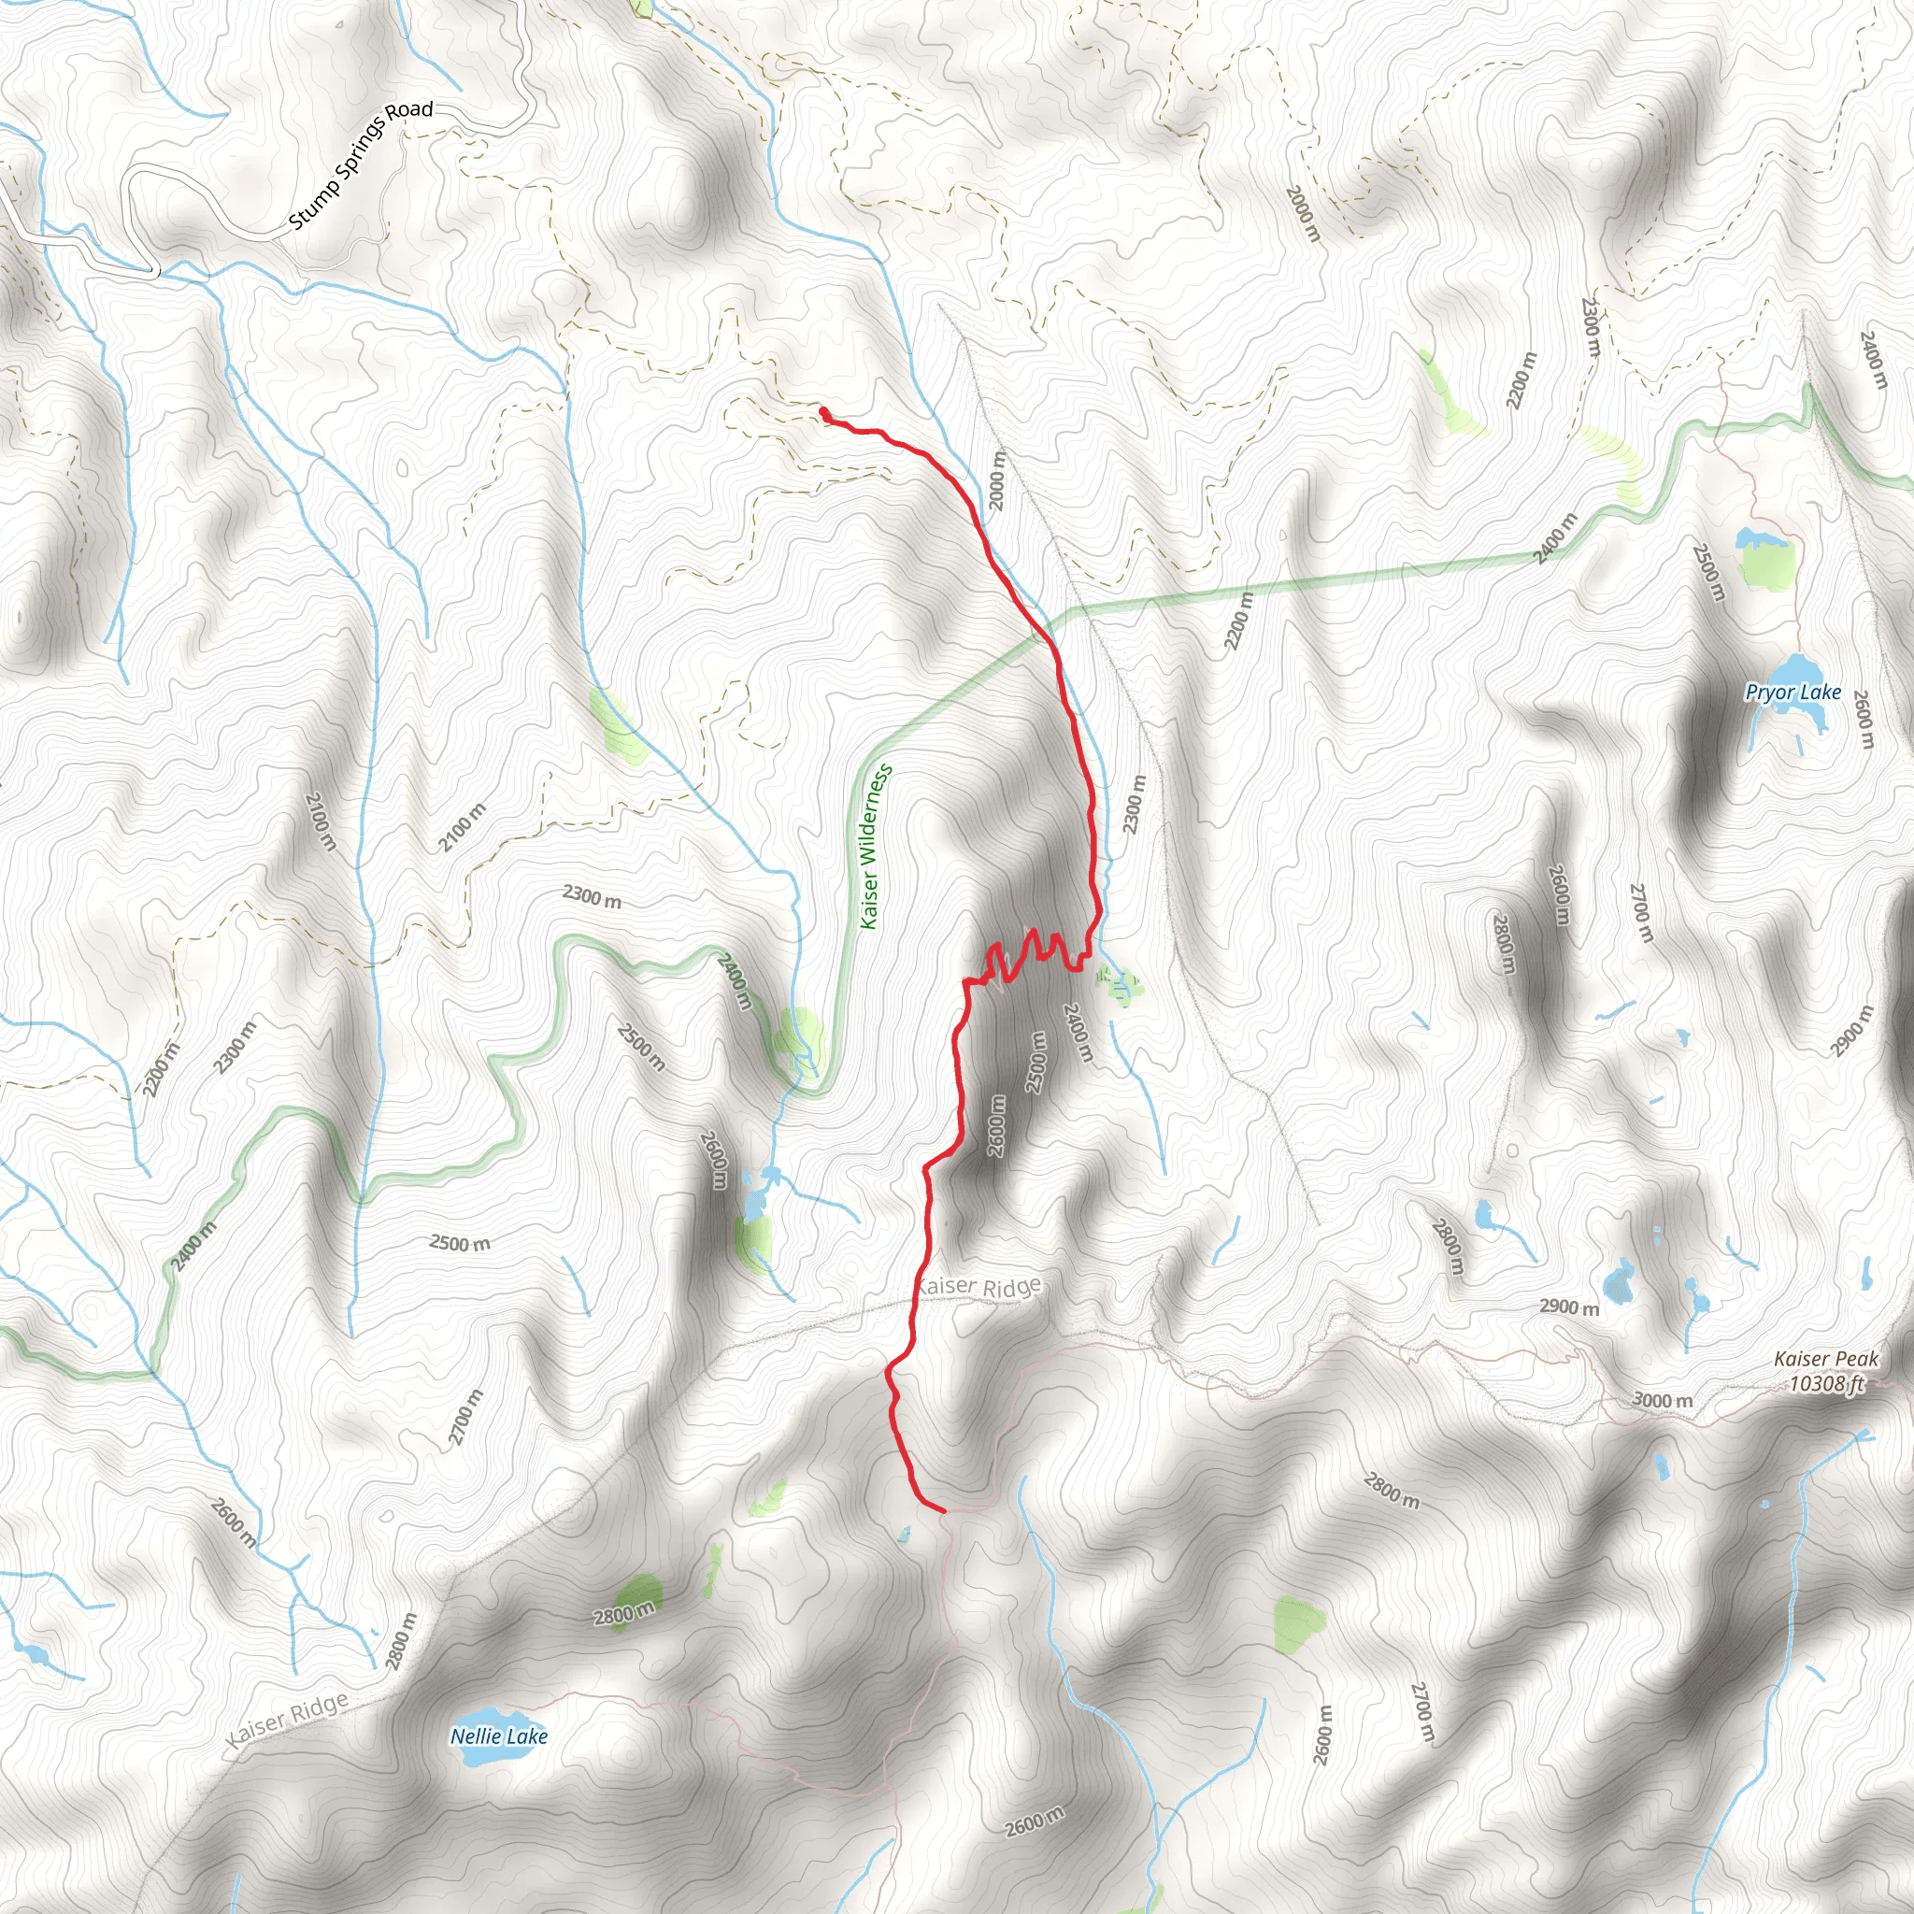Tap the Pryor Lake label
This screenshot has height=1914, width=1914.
(x=1793, y=693)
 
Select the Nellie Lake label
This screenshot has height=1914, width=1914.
(x=498, y=1736)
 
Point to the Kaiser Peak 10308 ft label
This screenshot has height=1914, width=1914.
(x=1826, y=1371)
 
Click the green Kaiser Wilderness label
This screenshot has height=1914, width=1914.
(x=876, y=846)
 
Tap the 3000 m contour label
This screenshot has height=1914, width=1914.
(x=1663, y=1400)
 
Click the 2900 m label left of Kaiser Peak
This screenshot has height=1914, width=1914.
(x=1569, y=1307)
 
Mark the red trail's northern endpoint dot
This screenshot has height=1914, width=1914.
(x=824, y=411)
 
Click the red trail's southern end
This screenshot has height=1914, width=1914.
(x=943, y=1511)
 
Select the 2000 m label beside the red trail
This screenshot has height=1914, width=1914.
(x=997, y=480)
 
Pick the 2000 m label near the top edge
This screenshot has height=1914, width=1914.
(x=1304, y=214)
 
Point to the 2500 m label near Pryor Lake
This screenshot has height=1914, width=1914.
(x=1709, y=573)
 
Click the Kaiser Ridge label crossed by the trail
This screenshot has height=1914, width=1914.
(x=978, y=1286)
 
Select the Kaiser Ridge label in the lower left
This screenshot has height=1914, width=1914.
(x=287, y=1721)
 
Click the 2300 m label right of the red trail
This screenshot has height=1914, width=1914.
(x=1135, y=805)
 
